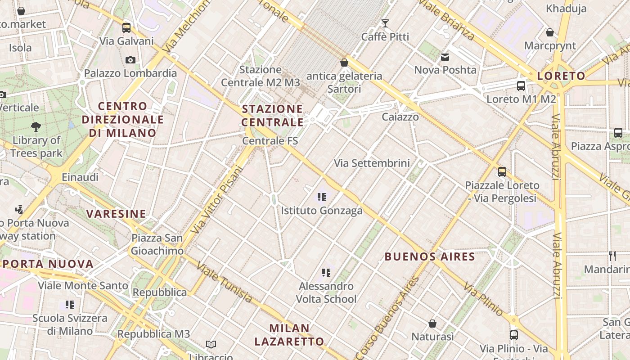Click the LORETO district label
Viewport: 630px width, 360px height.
pos(561,76)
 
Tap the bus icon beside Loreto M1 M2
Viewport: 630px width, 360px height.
pos(521,86)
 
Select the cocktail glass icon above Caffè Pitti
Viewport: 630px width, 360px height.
pos(385,23)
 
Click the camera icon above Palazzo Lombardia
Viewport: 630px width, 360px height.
pos(130,60)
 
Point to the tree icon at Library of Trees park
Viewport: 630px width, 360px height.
pos(36,127)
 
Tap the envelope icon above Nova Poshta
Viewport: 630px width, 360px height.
pos(445,57)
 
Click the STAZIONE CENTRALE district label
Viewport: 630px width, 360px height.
pos(273,116)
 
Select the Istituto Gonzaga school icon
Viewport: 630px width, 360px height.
pos(321,197)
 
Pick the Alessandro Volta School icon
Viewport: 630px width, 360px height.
pos(326,273)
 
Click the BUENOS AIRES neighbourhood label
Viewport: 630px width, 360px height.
pos(430,257)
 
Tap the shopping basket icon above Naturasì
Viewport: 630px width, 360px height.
pos(432,324)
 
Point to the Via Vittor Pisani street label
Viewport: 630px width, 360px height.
pos(217,200)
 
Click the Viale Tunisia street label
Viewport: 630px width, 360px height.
pos(224,283)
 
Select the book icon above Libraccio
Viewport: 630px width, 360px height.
pos(211,344)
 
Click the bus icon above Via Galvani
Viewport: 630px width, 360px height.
pos(126,28)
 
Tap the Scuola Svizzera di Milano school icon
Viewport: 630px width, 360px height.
pos(69,305)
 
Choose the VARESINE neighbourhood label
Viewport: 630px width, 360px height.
pos(116,214)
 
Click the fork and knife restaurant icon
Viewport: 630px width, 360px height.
pos(612,256)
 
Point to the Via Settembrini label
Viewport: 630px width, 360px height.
pos(372,163)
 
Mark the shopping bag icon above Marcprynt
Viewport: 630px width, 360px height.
pos(549,32)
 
